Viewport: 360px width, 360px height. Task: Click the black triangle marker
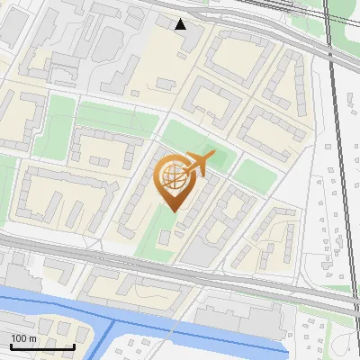(x=181, y=24)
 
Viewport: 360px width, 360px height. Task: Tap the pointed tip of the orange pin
(x=173, y=211)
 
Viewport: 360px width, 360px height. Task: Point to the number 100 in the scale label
(x=19, y=338)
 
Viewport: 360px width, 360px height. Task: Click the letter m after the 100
(x=32, y=338)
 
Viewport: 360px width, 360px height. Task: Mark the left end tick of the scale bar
(x=10, y=346)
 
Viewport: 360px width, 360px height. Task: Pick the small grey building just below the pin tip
(x=166, y=237)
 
